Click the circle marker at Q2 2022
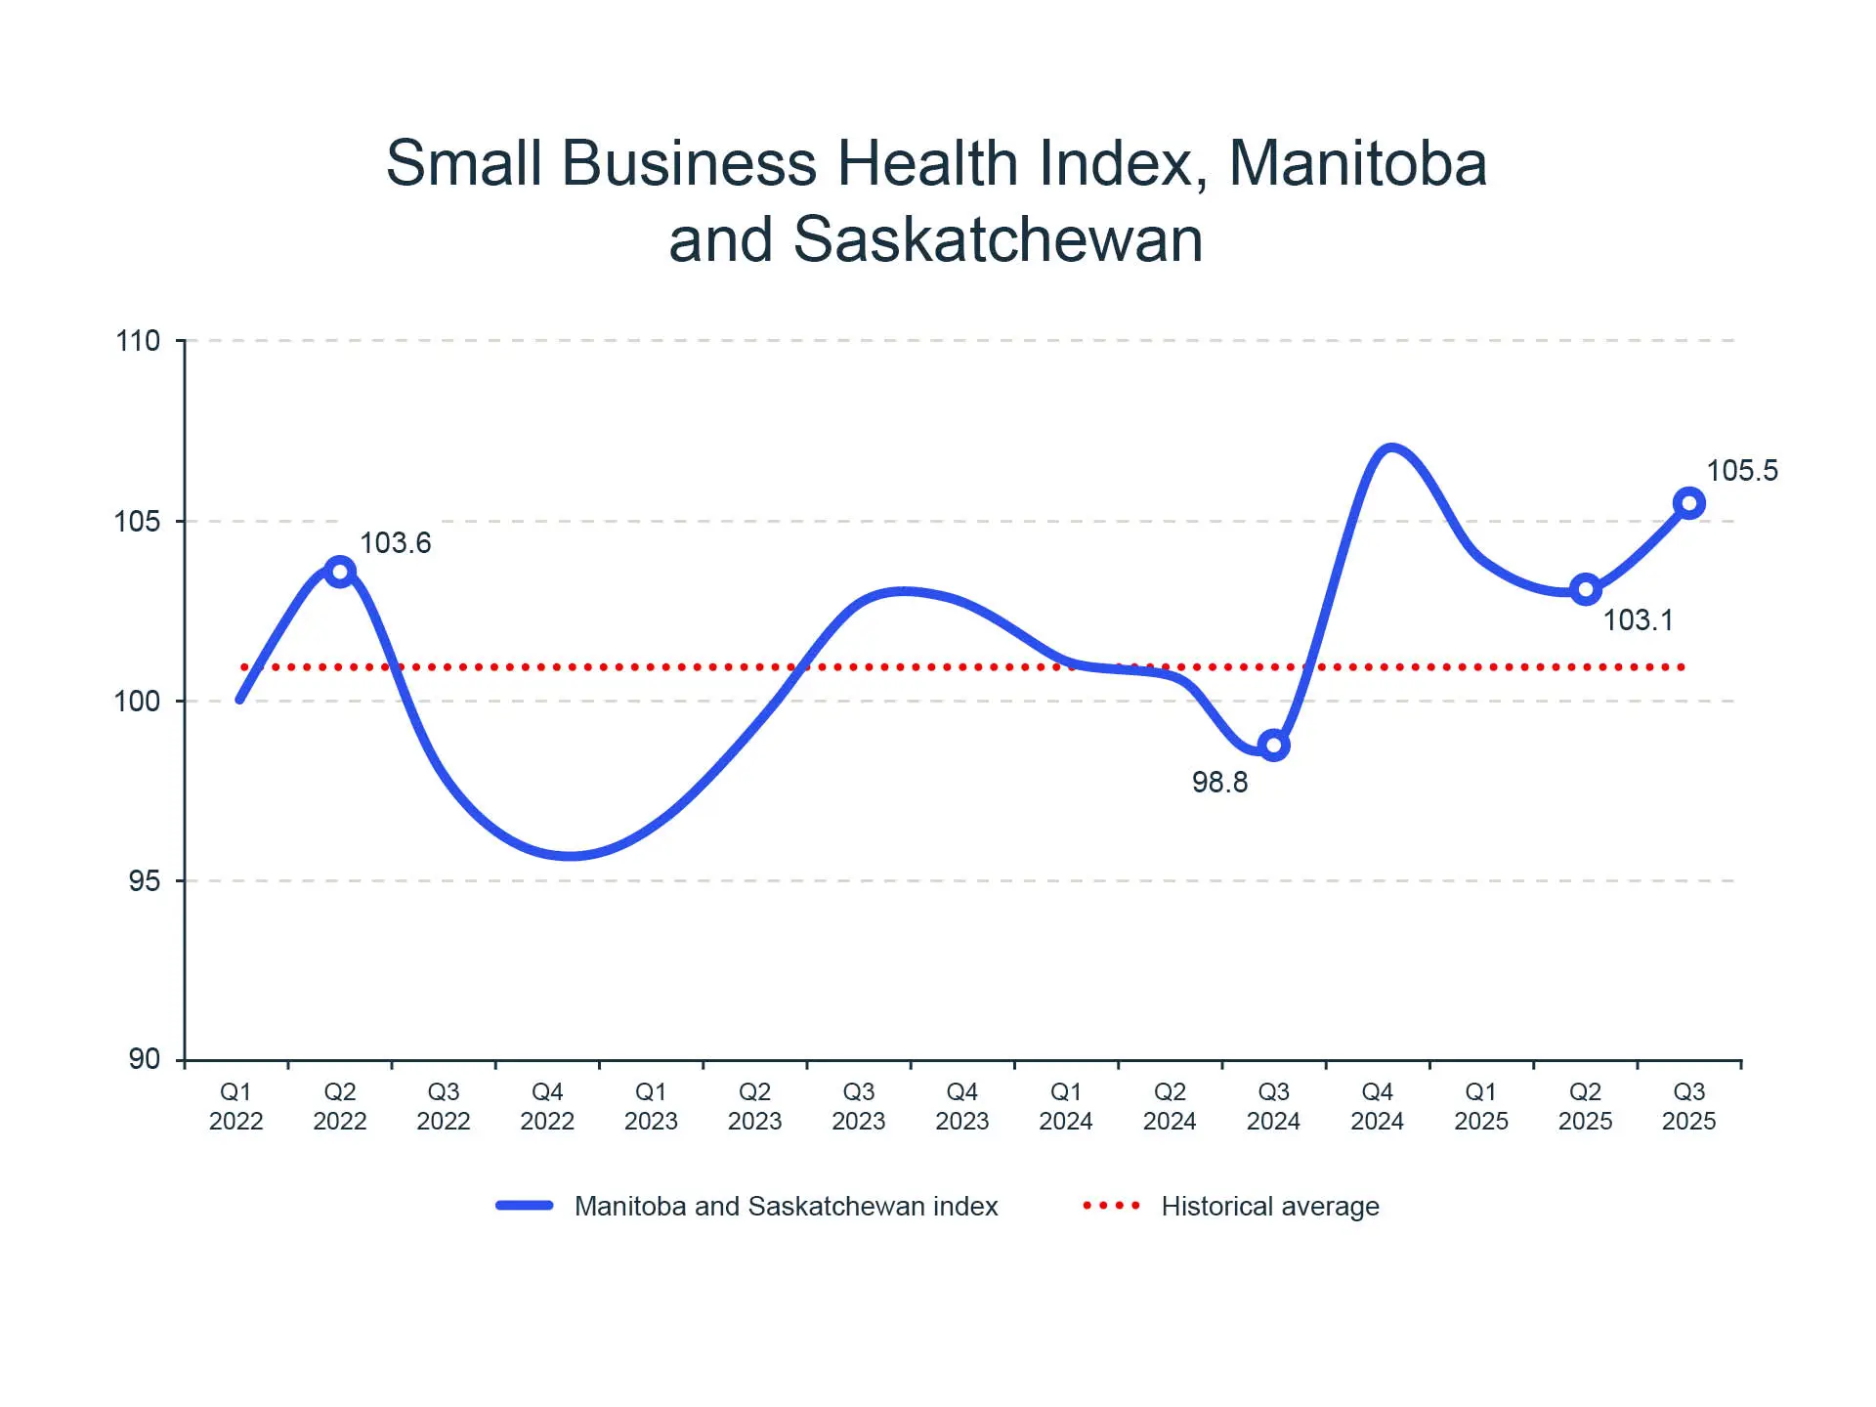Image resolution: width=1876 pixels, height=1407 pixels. point(339,572)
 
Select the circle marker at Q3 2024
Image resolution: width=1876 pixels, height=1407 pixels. point(1273,746)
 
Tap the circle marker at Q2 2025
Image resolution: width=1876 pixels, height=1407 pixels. point(1585,589)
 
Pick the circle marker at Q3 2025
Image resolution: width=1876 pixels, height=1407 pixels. point(1689,504)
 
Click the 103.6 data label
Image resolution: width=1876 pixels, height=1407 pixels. point(395,543)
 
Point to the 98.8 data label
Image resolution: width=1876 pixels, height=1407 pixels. point(1219,783)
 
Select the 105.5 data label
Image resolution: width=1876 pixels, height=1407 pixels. point(1742,471)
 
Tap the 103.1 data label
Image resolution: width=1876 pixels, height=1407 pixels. point(1639,620)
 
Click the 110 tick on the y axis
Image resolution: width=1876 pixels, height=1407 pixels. point(138,341)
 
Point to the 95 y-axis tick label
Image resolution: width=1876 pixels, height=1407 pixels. point(144,881)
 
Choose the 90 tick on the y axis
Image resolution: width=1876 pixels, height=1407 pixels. point(144,1059)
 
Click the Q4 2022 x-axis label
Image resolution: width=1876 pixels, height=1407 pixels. point(547,1106)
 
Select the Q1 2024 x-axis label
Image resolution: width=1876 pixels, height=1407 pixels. point(1066,1106)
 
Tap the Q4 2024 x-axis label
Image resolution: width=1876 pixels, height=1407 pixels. point(1377,1106)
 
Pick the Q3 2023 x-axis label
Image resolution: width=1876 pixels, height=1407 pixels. point(859,1106)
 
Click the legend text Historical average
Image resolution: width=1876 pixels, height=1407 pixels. point(1270,1207)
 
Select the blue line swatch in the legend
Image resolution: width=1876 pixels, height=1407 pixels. point(525,1206)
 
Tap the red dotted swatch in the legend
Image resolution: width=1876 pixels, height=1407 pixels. point(1112,1206)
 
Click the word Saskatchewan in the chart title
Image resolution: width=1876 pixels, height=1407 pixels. point(998,239)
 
